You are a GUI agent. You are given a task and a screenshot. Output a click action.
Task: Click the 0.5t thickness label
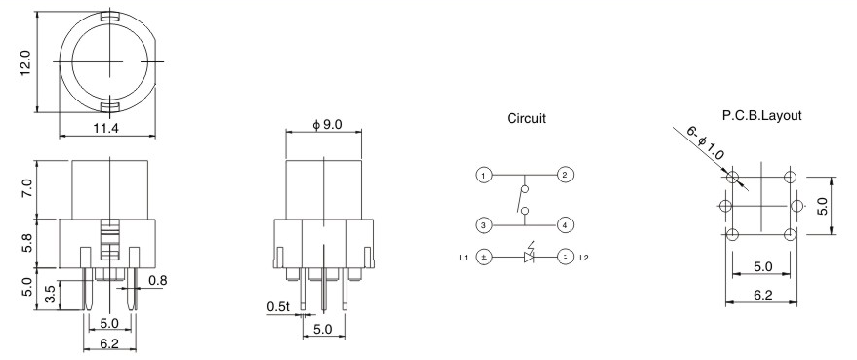tap(278, 307)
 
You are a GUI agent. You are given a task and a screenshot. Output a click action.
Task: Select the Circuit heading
tap(526, 118)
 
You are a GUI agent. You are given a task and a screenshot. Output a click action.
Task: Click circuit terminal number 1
tap(483, 176)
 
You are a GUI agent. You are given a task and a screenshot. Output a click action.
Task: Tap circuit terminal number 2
tap(564, 176)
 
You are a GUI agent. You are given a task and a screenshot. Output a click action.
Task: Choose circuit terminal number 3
tap(483, 225)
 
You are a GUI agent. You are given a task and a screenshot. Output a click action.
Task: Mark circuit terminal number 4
tap(564, 225)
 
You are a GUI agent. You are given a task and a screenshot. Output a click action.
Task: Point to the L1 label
tap(463, 258)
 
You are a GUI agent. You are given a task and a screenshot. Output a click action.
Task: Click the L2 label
tap(584, 258)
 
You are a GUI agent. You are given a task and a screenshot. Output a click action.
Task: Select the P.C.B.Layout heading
tap(761, 115)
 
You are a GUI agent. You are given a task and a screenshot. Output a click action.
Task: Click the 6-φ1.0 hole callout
tap(705, 144)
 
